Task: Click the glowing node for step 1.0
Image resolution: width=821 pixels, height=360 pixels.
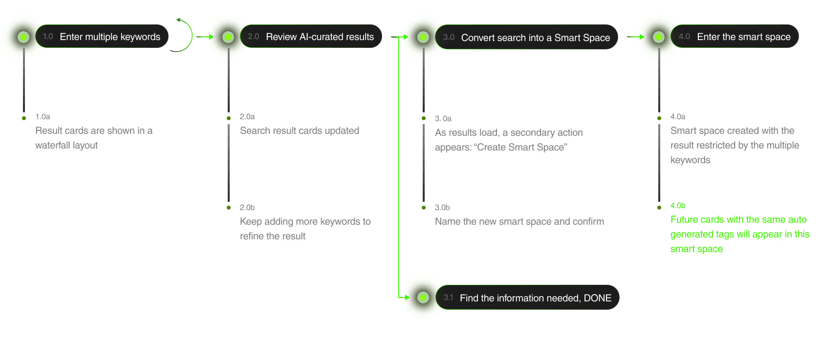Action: pos(23,37)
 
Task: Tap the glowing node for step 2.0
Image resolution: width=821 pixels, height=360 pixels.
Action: pos(228,37)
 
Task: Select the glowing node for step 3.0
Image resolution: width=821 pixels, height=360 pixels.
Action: pos(423,37)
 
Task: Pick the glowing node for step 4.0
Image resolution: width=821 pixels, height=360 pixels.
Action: pos(659,37)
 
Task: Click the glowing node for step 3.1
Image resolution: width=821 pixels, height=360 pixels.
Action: pos(423,297)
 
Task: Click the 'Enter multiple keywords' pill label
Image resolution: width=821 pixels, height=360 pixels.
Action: pos(110,37)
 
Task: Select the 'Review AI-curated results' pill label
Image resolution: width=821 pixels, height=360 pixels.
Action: pos(320,37)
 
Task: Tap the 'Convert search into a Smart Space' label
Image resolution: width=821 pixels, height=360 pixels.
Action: pos(535,38)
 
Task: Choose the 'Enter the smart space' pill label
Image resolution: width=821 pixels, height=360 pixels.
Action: pos(743,37)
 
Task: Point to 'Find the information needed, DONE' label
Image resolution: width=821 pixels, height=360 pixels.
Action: pos(535,298)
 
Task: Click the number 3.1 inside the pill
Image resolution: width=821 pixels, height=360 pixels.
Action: pos(448,297)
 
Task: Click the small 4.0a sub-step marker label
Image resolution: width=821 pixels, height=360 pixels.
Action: pos(678,117)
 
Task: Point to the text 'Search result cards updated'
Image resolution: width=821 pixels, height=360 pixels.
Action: pos(300,130)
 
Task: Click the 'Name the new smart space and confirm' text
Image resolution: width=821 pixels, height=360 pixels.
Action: pos(519,221)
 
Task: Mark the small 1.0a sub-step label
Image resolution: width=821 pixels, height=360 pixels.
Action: pos(43,116)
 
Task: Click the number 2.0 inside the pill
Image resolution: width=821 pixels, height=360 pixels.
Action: pos(253,37)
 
